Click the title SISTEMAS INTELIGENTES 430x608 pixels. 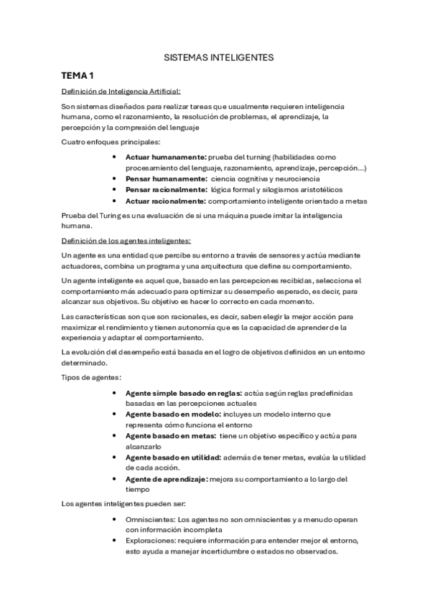point(215,55)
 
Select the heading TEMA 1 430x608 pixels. point(78,75)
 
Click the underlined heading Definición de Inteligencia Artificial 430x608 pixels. point(121,91)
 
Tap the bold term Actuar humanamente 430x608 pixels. point(166,156)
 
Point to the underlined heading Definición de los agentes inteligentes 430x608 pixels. point(126,240)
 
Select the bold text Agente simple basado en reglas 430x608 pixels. point(184,393)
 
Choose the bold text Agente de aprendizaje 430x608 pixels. point(167,478)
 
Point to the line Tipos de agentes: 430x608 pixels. point(91,377)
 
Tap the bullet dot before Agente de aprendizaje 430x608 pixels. point(116,478)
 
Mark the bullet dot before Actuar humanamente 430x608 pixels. point(116,156)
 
